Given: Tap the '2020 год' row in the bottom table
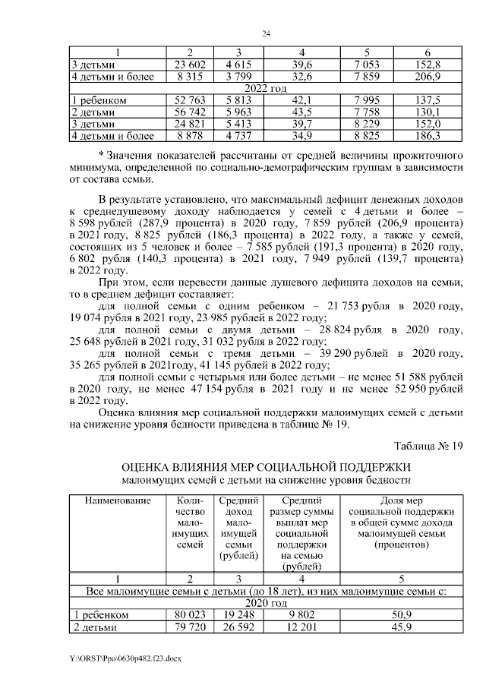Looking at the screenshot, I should [266, 603].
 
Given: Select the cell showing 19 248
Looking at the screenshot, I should [238, 615].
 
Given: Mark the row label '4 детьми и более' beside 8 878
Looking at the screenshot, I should [112, 136].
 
